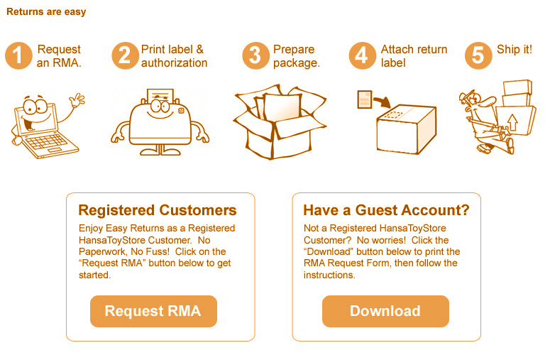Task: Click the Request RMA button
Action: coord(153,311)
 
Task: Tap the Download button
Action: coord(385,311)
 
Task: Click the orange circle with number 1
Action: coord(18,55)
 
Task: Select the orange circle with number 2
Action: coord(125,55)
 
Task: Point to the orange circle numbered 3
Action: coord(255,55)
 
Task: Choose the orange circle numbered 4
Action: coord(363,55)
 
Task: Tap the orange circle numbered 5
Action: coord(478,55)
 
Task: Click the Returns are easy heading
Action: coord(46,12)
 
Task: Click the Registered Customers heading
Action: coord(158,210)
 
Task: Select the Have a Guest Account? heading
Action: coord(386,210)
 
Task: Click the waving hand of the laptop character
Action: coord(77,99)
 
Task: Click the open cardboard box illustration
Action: coord(280,121)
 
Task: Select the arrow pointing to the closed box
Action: coord(383,101)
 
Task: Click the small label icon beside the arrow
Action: coord(365,99)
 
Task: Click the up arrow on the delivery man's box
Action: coord(512,122)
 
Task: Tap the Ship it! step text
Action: coord(515,50)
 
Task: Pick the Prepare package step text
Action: coord(297,56)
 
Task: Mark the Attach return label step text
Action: coord(414,56)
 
